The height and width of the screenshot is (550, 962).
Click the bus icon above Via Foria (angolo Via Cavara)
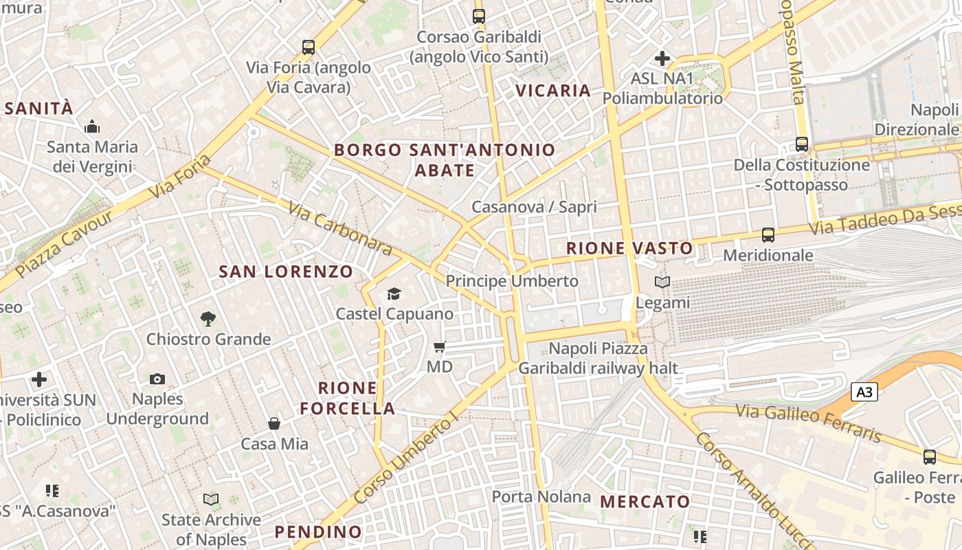pyautogui.click(x=309, y=47)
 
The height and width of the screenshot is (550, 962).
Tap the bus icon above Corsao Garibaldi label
pyautogui.click(x=479, y=16)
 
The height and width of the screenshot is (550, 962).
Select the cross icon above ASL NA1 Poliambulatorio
pyautogui.click(x=662, y=59)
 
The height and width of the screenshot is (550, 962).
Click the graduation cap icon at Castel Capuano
pyautogui.click(x=394, y=294)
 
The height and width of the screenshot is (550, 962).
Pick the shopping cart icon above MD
pyautogui.click(x=440, y=347)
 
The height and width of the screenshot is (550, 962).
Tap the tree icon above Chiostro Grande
pyautogui.click(x=208, y=318)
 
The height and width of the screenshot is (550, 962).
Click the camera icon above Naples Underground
pyautogui.click(x=157, y=379)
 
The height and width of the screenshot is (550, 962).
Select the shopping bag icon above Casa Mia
pyautogui.click(x=274, y=423)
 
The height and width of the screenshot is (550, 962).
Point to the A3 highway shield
pyautogui.click(x=864, y=393)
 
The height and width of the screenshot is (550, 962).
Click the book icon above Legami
pyautogui.click(x=662, y=283)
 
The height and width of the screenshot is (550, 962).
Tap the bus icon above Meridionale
pyautogui.click(x=768, y=235)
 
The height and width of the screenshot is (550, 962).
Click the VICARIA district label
pyautogui.click(x=553, y=91)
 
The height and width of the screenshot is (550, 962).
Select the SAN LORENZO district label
pyautogui.click(x=286, y=272)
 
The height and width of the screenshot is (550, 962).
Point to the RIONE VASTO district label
pyautogui.click(x=629, y=248)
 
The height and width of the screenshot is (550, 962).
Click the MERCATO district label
pyautogui.click(x=645, y=502)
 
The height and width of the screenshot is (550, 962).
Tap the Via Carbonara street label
pyautogui.click(x=339, y=228)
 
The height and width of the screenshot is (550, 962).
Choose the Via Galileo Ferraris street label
pyautogui.click(x=809, y=423)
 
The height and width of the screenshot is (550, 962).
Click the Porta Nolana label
pyautogui.click(x=541, y=496)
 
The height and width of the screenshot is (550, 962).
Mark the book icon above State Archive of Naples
pyautogui.click(x=211, y=499)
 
